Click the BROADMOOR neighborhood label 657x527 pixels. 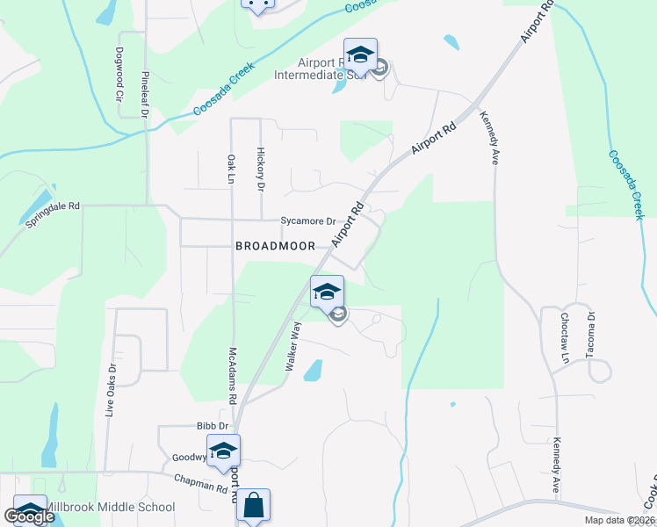tap(275, 247)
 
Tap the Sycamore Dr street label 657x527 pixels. tap(308, 221)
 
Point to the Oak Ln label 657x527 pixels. tap(232, 170)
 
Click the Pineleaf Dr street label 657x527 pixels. tap(145, 94)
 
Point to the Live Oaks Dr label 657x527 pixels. tap(112, 391)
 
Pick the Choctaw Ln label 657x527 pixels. tap(565, 339)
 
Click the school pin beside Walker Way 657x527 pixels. tap(327, 292)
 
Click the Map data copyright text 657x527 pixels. tap(618, 520)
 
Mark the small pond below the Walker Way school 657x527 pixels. tap(312, 372)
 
